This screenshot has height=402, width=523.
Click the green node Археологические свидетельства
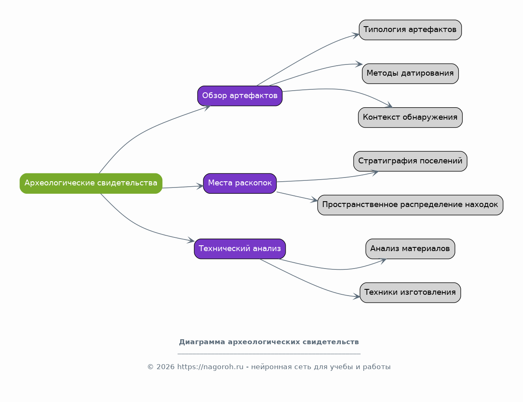(91, 183)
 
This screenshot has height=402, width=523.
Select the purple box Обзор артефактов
(240, 96)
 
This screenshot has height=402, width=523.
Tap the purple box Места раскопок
(240, 183)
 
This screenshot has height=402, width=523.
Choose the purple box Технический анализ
(240, 249)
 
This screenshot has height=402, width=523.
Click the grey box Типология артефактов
(410, 30)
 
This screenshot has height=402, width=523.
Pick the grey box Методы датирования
(410, 74)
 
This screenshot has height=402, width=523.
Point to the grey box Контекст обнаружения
(410, 117)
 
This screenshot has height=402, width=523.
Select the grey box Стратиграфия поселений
(410, 161)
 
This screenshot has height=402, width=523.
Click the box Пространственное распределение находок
(410, 205)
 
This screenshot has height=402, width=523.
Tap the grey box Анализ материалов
(410, 249)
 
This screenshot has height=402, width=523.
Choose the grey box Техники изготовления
(410, 293)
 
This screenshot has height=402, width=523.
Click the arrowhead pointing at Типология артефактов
(356, 35)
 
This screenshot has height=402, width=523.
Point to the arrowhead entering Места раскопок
(200, 186)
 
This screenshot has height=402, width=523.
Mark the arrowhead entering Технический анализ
(191, 240)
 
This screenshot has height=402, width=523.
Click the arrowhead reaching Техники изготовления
(357, 297)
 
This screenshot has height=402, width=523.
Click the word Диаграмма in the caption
(202, 342)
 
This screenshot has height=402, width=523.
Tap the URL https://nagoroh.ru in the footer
(210, 367)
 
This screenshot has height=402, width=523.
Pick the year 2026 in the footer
(165, 367)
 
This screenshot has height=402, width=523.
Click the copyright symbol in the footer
(150, 367)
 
